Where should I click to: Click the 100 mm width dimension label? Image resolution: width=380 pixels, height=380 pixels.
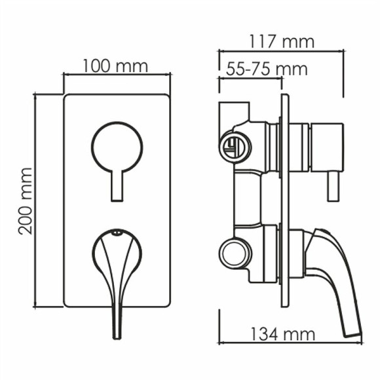pos(115,66)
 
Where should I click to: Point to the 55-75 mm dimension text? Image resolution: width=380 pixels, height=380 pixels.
pos(267,69)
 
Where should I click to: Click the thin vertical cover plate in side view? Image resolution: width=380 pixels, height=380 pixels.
pos(284,203)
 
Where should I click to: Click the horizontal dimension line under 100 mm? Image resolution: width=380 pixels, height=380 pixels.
pos(117,75)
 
